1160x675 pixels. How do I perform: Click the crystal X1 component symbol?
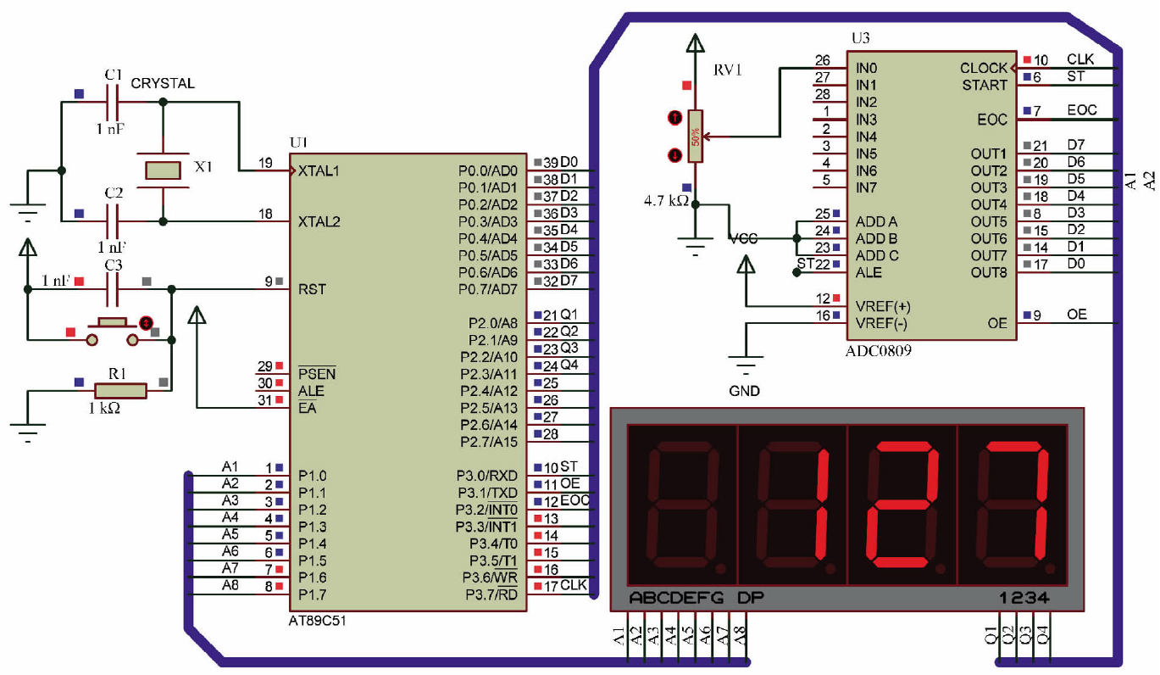pos(163,170)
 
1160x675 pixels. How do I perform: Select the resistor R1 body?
pos(120,390)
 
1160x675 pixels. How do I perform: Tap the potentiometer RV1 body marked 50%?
pos(696,136)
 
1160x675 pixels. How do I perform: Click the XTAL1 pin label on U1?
pos(319,170)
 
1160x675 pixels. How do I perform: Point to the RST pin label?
pos(312,289)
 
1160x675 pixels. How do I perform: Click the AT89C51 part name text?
pos(318,621)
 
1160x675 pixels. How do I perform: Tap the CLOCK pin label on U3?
pos(983,68)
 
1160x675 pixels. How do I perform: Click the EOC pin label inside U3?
pos(992,120)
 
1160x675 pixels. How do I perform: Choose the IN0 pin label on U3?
pos(866,68)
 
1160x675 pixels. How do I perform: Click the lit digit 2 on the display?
pos(902,506)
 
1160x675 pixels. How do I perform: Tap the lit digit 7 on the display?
pos(1013,506)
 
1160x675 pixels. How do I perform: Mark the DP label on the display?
pos(750,598)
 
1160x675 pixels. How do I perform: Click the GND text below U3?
pos(745,391)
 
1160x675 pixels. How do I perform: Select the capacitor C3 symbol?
pos(113,290)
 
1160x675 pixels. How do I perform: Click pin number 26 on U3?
pos(822,61)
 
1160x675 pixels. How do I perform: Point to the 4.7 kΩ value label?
pos(665,201)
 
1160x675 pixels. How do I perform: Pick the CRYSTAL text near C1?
pos(162,83)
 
